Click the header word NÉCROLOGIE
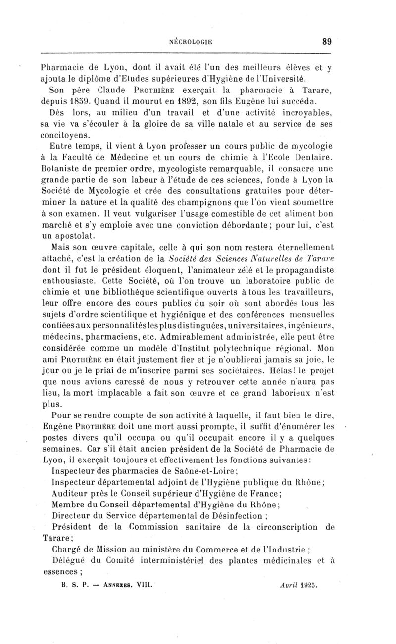pos(191,42)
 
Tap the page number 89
pos(326,42)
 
